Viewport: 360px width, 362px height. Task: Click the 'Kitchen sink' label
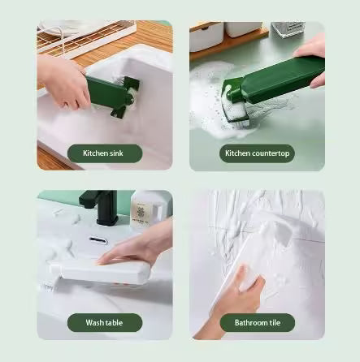[x=104, y=153]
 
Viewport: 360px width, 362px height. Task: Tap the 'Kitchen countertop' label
[x=256, y=153]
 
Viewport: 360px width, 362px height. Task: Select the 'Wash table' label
[x=104, y=322]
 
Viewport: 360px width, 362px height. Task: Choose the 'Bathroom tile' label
[x=256, y=322]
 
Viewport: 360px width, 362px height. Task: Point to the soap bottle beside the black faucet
[x=142, y=213]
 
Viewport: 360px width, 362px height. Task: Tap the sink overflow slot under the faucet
[x=98, y=240]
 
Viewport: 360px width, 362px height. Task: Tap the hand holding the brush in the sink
[x=65, y=81]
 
